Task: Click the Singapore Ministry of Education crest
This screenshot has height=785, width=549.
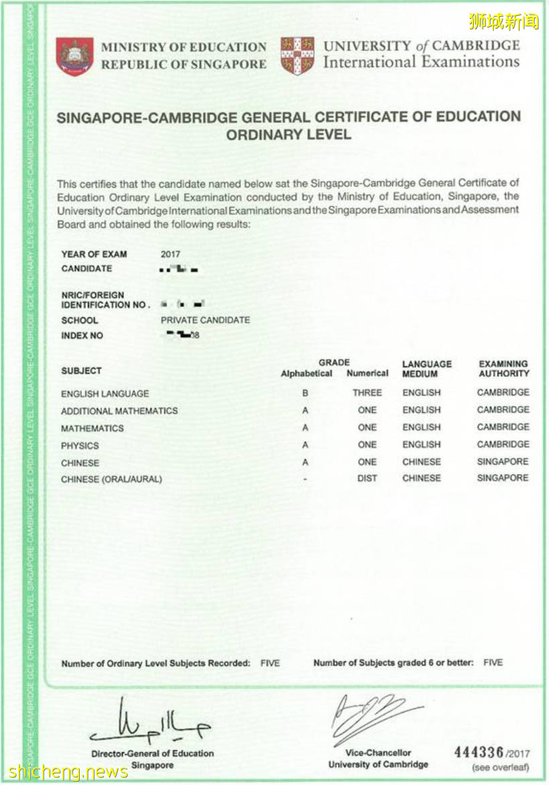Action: (x=74, y=56)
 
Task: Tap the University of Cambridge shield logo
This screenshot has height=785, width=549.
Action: (x=298, y=56)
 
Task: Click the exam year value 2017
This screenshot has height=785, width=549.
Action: (x=170, y=254)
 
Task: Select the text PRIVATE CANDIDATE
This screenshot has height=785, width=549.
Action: (x=205, y=320)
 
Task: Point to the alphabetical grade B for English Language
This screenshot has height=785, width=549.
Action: (x=306, y=394)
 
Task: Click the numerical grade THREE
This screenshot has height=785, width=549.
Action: (x=367, y=393)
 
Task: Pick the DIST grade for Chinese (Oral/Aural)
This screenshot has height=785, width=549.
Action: (x=367, y=479)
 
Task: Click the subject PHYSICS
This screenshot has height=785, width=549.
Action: (x=80, y=446)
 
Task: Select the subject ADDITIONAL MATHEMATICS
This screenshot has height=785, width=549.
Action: (x=119, y=411)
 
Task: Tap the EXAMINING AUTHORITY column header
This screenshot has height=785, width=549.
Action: (x=503, y=369)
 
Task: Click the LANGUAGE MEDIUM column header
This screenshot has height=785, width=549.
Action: (x=427, y=369)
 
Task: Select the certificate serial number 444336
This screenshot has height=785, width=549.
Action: (x=479, y=753)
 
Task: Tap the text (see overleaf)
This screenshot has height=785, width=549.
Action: (x=499, y=768)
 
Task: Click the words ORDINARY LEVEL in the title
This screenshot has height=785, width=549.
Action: (x=288, y=135)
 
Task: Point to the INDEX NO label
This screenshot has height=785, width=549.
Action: (x=82, y=336)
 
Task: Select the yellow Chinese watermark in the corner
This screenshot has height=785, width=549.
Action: (x=503, y=21)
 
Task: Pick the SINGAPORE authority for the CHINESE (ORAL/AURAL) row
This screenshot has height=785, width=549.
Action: (x=503, y=478)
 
